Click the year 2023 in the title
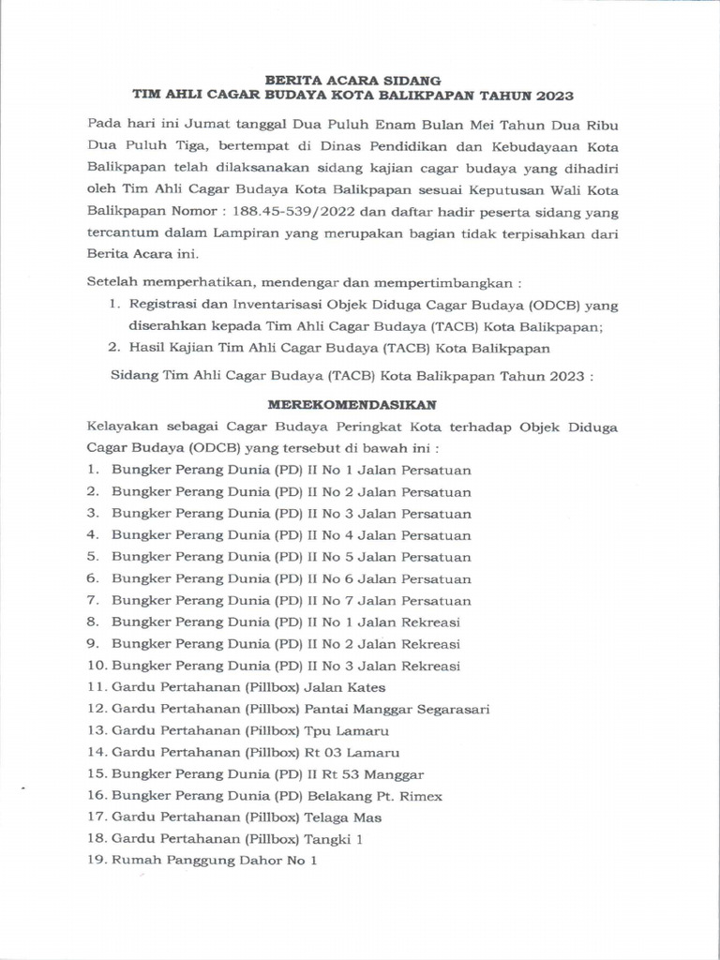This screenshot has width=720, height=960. pos(552,96)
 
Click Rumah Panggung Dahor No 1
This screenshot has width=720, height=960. pos(215,861)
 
